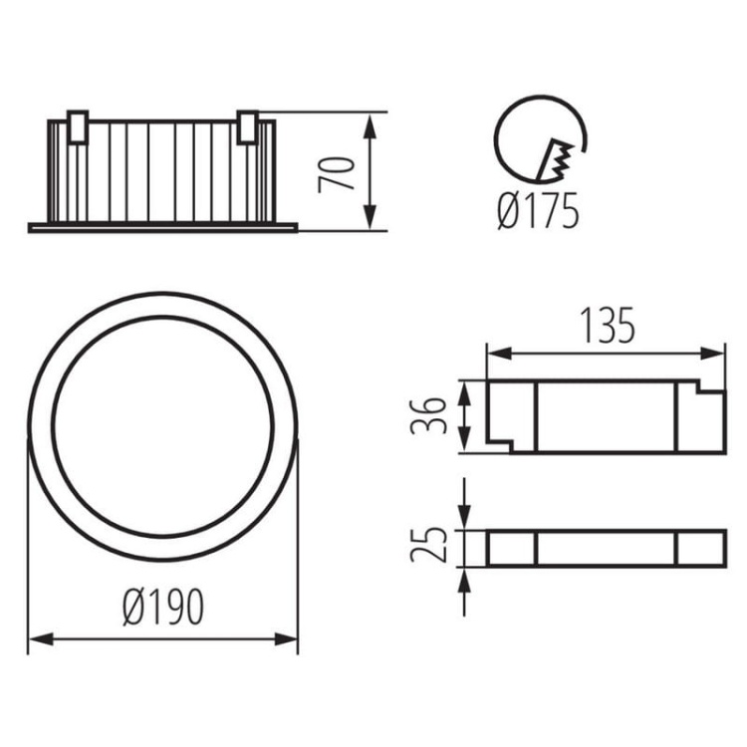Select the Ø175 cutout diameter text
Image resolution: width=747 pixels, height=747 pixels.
[x=538, y=212]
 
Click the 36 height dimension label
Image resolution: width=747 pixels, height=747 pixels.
[x=427, y=416]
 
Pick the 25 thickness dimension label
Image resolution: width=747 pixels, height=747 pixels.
[x=426, y=545]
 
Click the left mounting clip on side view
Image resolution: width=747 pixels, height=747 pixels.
[x=78, y=126]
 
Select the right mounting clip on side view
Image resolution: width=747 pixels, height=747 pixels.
[x=248, y=126]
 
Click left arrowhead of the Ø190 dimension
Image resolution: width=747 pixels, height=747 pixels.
[x=36, y=639]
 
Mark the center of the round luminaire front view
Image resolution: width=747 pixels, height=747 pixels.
[x=162, y=427]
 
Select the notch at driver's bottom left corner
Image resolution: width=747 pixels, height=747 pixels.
[x=499, y=443]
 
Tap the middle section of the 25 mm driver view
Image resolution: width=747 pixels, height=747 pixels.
[x=606, y=549]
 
